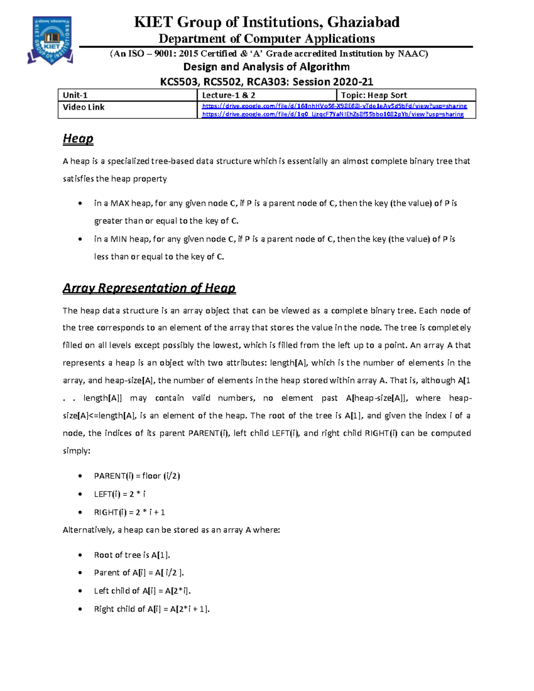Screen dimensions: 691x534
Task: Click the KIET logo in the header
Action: pos(51,40)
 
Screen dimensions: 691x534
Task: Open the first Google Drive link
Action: pos(334,106)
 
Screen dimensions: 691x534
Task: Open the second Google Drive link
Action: pos(332,114)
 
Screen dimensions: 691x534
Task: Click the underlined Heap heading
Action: pos(78,138)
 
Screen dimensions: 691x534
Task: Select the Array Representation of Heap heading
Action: pos(149,288)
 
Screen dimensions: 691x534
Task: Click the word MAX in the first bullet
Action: pos(120,203)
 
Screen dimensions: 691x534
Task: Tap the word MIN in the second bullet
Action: pos(119,239)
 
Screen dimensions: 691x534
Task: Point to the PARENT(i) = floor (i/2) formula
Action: pos(137,476)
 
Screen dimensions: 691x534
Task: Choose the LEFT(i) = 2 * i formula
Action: pos(120,494)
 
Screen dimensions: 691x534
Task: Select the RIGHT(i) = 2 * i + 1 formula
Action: pos(129,513)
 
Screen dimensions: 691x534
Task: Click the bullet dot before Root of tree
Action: pos(80,555)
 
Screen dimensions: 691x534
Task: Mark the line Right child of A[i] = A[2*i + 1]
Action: pos(152,609)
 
